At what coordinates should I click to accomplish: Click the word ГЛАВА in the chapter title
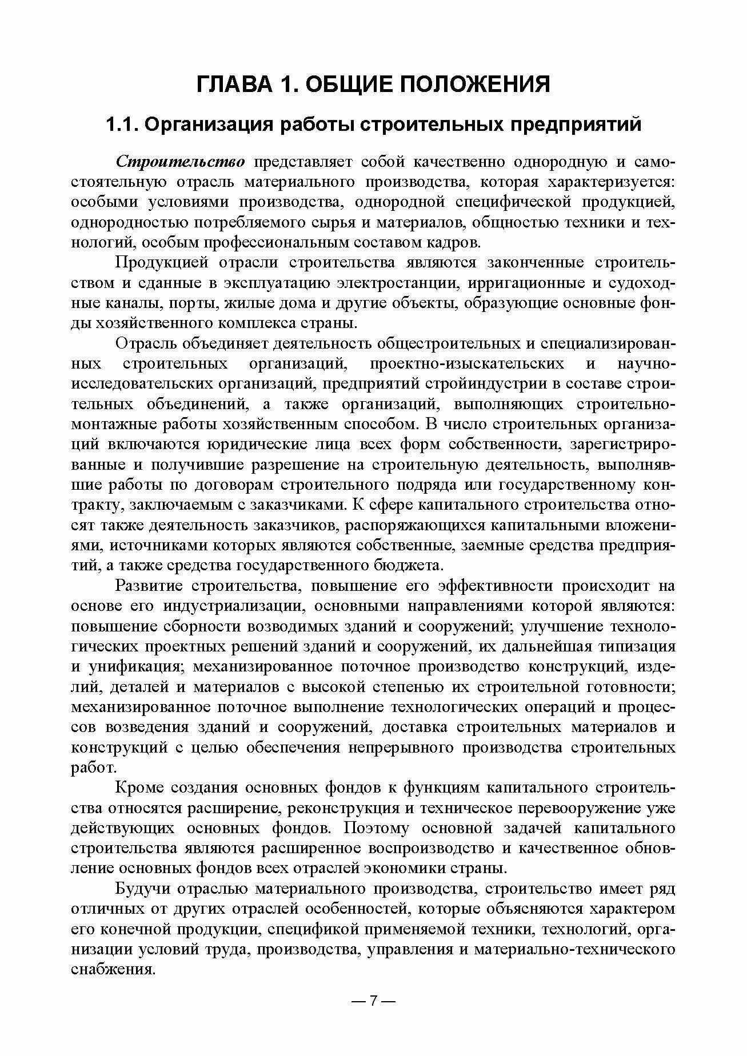click(231, 84)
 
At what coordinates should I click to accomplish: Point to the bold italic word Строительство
click(181, 162)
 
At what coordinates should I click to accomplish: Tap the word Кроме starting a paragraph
click(139, 788)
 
